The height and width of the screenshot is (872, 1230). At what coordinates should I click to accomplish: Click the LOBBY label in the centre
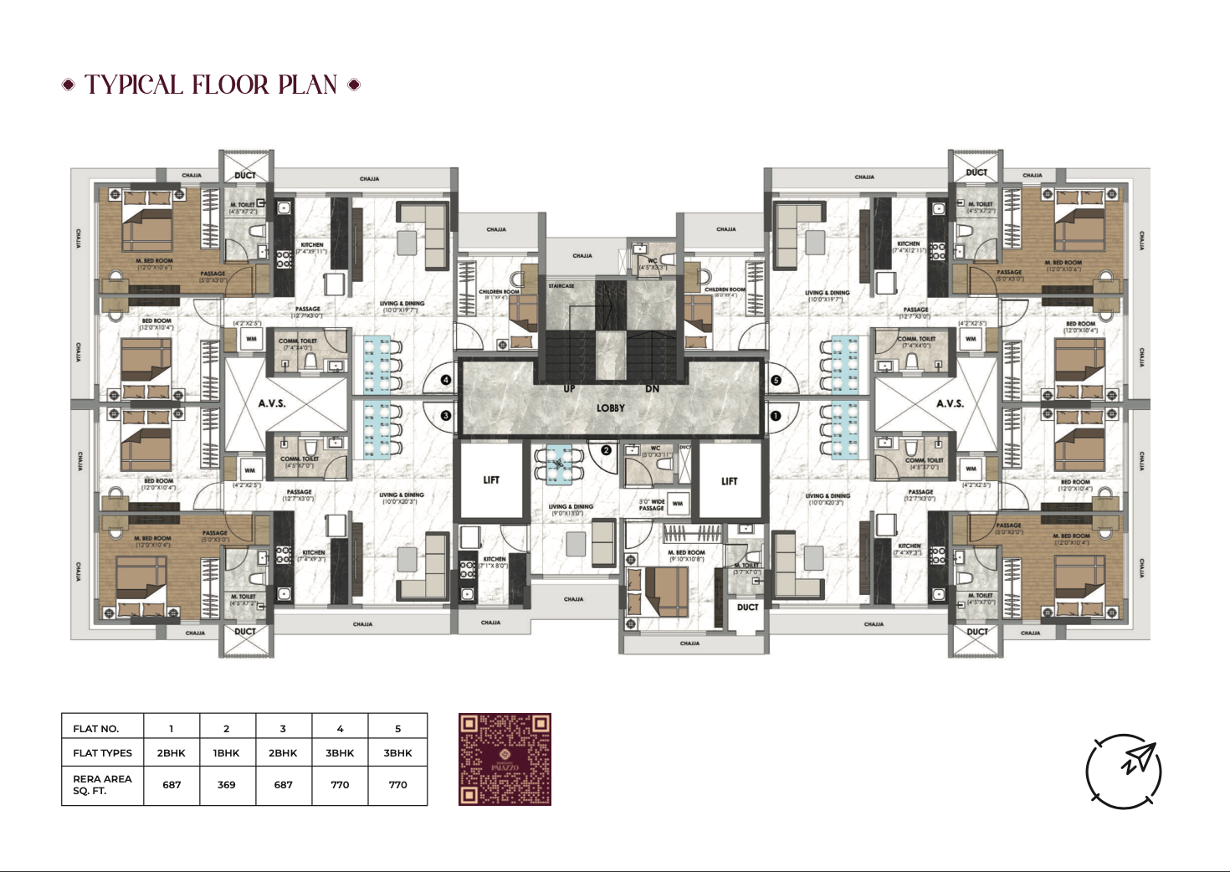click(611, 408)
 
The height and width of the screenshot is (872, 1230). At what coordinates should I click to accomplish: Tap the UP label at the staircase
click(569, 389)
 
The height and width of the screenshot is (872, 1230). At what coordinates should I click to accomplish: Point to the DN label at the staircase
click(652, 389)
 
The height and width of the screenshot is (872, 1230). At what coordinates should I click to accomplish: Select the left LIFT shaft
click(491, 480)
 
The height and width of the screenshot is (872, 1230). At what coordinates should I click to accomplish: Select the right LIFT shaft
click(730, 481)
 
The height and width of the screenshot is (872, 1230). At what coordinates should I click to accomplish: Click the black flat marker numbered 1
click(775, 416)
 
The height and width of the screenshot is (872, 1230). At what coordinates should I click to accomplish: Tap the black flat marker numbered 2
click(607, 450)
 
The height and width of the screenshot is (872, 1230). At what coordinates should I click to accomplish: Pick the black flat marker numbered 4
click(446, 380)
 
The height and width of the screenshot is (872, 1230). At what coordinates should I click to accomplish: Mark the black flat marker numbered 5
click(776, 380)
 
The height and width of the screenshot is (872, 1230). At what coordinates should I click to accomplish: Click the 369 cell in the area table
click(227, 785)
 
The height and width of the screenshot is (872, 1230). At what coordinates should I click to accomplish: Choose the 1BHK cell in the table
click(227, 753)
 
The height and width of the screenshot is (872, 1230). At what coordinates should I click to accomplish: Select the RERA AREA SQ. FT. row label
click(102, 785)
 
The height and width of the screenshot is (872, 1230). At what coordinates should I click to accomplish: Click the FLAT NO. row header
click(96, 729)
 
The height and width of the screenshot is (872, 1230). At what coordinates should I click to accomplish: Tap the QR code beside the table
click(505, 759)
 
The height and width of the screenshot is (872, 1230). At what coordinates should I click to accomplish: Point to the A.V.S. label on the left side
click(272, 403)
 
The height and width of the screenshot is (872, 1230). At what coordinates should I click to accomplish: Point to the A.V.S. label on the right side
click(950, 403)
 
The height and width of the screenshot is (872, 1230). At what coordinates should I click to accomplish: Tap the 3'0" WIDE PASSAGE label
click(652, 505)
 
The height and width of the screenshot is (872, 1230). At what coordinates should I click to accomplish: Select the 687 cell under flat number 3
click(284, 785)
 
